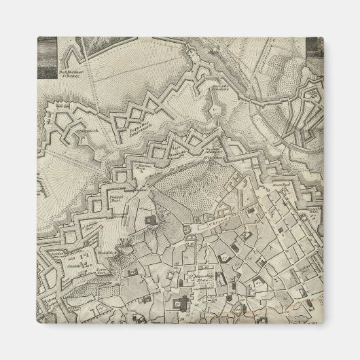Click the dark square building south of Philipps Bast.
[148, 221]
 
